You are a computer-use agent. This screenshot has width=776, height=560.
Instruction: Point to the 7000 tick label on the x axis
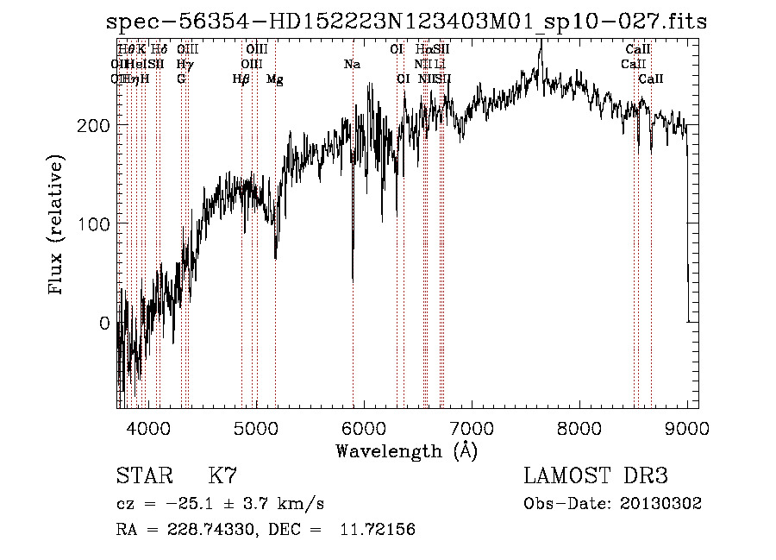(472, 427)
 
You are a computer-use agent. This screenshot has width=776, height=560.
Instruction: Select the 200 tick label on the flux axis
(93, 125)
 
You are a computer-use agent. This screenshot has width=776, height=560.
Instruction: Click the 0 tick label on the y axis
(105, 324)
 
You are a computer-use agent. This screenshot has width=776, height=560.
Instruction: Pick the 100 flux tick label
(93, 224)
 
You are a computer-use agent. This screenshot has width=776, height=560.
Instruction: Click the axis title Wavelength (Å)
(406, 450)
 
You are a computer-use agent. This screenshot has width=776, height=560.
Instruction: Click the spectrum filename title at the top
(406, 22)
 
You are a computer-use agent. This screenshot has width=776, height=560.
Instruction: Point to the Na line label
(352, 65)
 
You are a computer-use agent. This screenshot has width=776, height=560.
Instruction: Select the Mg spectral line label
(275, 79)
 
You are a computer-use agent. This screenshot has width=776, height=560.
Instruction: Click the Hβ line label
(241, 79)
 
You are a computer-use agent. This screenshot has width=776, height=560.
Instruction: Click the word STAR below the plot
(139, 476)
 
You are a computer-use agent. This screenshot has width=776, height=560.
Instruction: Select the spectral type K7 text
(222, 476)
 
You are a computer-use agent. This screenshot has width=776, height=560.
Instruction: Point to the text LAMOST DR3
(595, 476)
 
